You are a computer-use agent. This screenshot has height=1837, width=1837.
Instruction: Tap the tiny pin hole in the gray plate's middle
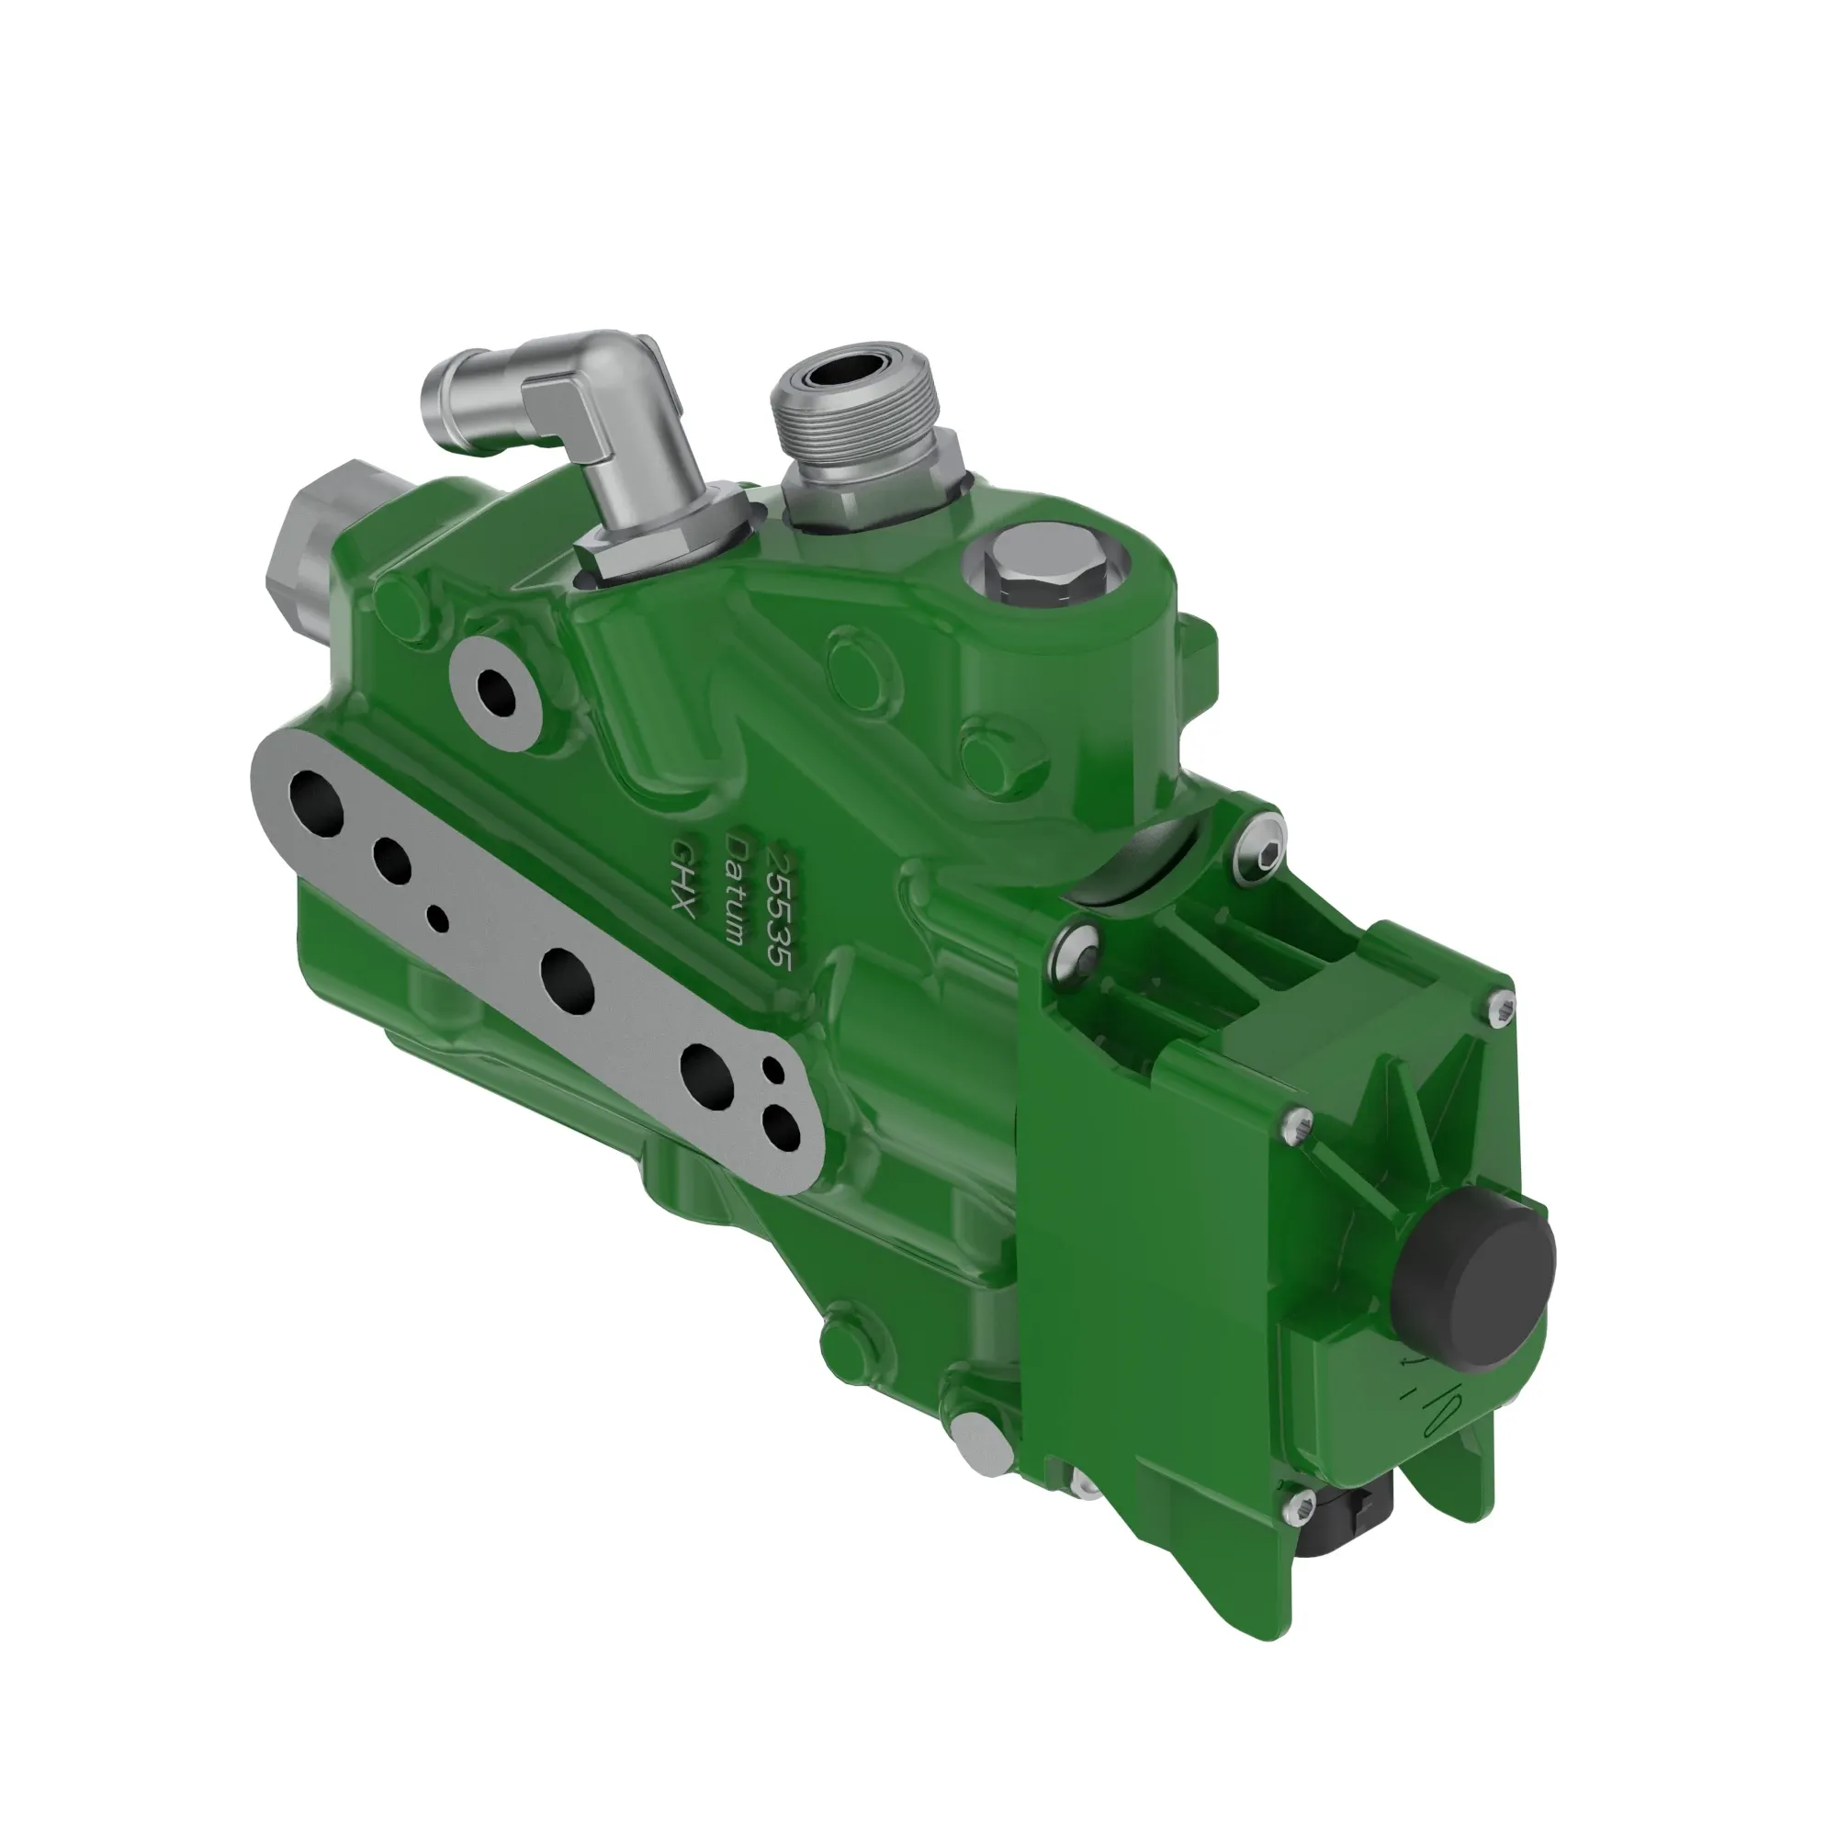pyautogui.click(x=438, y=918)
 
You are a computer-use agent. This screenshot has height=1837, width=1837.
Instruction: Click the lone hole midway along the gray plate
pyautogui.click(x=568, y=978)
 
